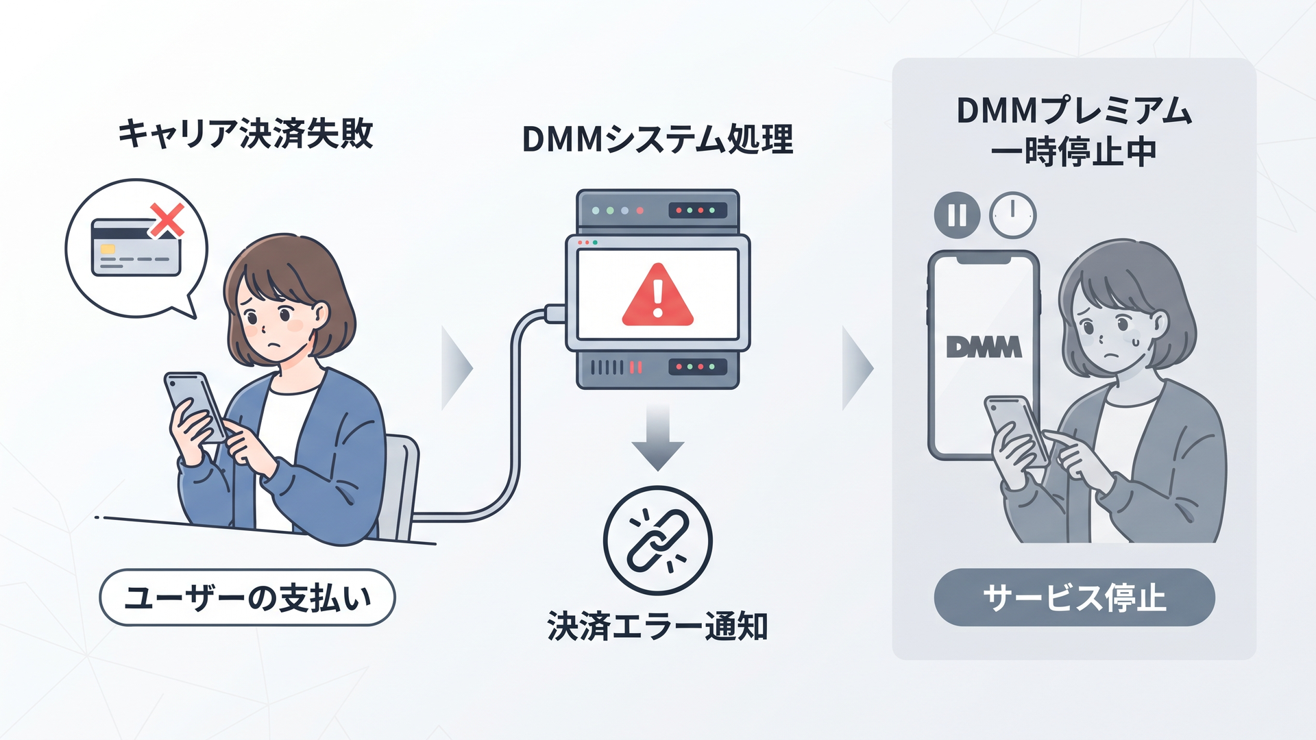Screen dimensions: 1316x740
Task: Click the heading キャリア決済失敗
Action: (x=245, y=134)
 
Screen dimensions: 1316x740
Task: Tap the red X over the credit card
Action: (x=167, y=220)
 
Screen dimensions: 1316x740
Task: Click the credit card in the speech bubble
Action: (x=136, y=247)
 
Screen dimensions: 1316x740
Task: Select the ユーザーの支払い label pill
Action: (x=247, y=597)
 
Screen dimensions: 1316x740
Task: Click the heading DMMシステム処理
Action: (x=657, y=140)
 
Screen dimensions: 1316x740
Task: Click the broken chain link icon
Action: (x=658, y=541)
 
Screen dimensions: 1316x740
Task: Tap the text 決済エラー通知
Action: (x=657, y=626)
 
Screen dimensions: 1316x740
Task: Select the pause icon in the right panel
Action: (x=957, y=215)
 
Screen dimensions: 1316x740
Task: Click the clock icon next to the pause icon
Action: (x=1013, y=215)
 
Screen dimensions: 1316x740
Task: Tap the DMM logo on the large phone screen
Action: (x=984, y=347)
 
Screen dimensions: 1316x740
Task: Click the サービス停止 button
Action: (x=1074, y=597)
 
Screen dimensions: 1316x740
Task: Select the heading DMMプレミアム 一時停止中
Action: (x=1074, y=132)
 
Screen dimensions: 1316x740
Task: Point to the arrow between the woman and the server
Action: (x=457, y=368)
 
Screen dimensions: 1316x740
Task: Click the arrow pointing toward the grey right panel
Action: (x=857, y=368)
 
